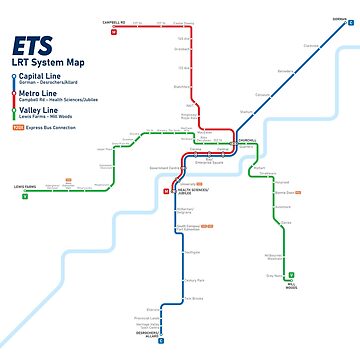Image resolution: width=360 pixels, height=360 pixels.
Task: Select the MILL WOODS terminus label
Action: click(x=291, y=285)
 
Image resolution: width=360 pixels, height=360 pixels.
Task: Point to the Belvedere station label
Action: click(x=286, y=71)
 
